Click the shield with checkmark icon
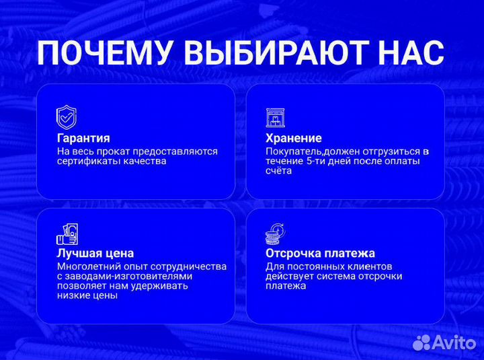tap(66, 117)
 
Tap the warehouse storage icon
tap(275, 118)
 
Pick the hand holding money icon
tap(67, 233)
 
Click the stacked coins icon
tap(275, 233)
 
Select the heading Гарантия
tap(83, 139)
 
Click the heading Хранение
tap(293, 139)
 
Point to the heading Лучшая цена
tap(95, 254)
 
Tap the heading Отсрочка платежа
tap(320, 254)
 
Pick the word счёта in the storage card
tap(278, 171)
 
